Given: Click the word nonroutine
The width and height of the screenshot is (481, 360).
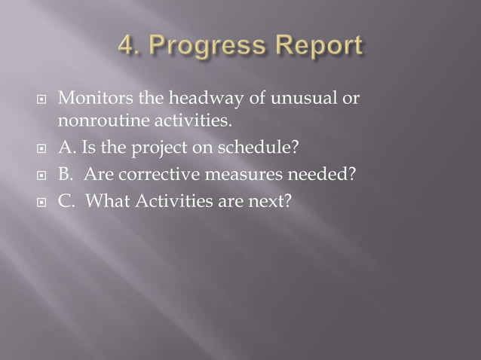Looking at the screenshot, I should tap(96, 119).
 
